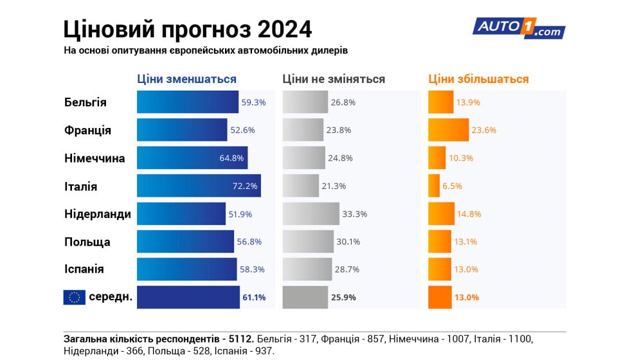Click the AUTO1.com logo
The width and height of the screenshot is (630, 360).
click(518, 28)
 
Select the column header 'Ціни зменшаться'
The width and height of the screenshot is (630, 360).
click(186, 79)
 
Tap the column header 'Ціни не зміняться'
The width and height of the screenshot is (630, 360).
click(334, 79)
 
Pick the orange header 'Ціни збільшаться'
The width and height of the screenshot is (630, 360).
click(478, 79)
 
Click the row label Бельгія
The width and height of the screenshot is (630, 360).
click(85, 102)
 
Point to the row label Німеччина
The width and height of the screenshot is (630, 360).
click(94, 158)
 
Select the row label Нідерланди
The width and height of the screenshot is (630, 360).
click(97, 214)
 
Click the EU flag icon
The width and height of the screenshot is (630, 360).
click(74, 297)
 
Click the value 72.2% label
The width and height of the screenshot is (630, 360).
click(245, 186)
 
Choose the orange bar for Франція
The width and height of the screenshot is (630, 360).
click(448, 130)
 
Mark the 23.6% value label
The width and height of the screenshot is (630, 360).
click(483, 130)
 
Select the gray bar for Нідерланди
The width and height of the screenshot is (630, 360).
click(310, 214)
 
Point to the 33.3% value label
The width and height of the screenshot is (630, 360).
click(355, 214)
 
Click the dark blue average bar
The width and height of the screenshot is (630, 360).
click(188, 297)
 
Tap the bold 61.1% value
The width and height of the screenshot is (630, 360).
click(253, 298)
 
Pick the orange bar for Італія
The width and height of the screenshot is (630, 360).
click(434, 186)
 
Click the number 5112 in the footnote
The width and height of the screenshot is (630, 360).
click(241, 338)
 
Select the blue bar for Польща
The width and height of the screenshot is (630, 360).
click(185, 242)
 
